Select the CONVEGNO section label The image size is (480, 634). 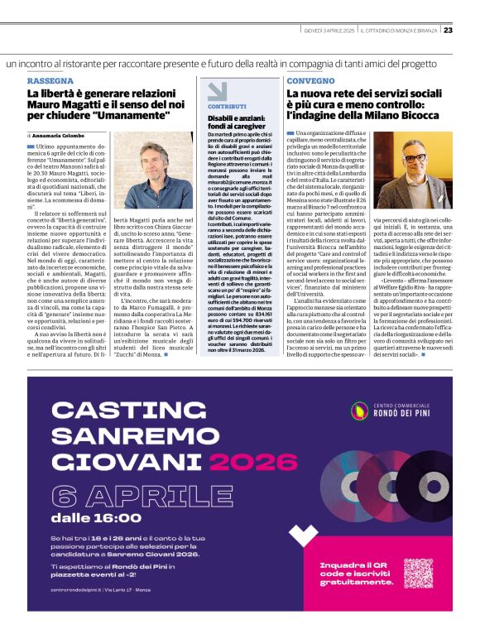310,81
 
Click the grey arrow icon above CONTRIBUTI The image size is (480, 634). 217,91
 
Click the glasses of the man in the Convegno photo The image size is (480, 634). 414,157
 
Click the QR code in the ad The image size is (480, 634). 418,574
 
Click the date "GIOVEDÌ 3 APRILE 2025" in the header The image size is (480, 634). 330,31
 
